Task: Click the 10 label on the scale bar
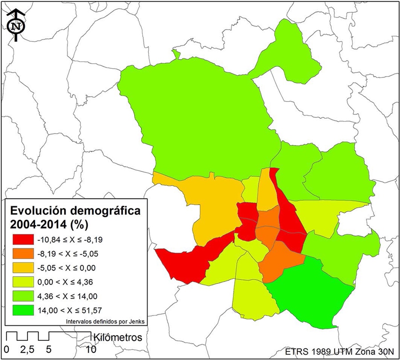click(x=91, y=349)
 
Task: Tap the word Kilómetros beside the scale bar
click(x=117, y=337)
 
